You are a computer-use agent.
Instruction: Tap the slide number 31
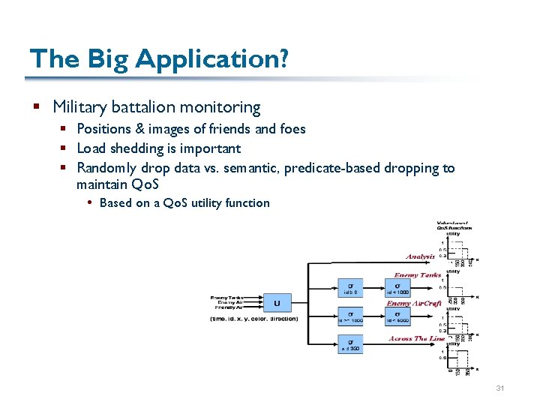pos(500,388)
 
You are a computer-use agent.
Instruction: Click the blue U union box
pos(277,302)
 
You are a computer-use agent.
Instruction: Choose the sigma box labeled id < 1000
pos(397,288)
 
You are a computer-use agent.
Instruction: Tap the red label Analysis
pos(420,256)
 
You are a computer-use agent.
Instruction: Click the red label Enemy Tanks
pos(416,275)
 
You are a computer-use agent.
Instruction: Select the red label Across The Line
pos(417,338)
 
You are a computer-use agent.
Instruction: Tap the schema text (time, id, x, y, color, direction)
pos(253,319)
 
